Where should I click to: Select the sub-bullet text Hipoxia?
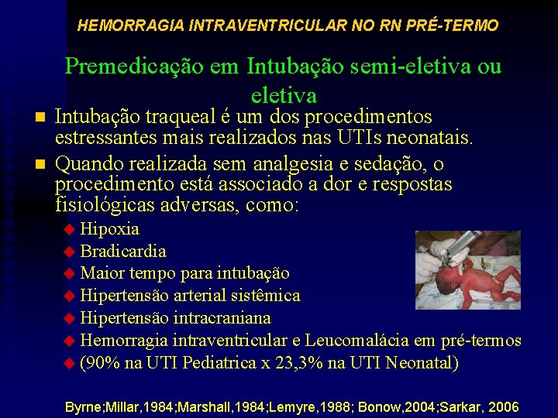coord(109,230)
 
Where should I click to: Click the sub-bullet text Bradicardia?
coord(122,252)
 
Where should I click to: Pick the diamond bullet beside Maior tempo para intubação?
coord(70,274)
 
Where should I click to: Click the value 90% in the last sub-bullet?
coord(102,362)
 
